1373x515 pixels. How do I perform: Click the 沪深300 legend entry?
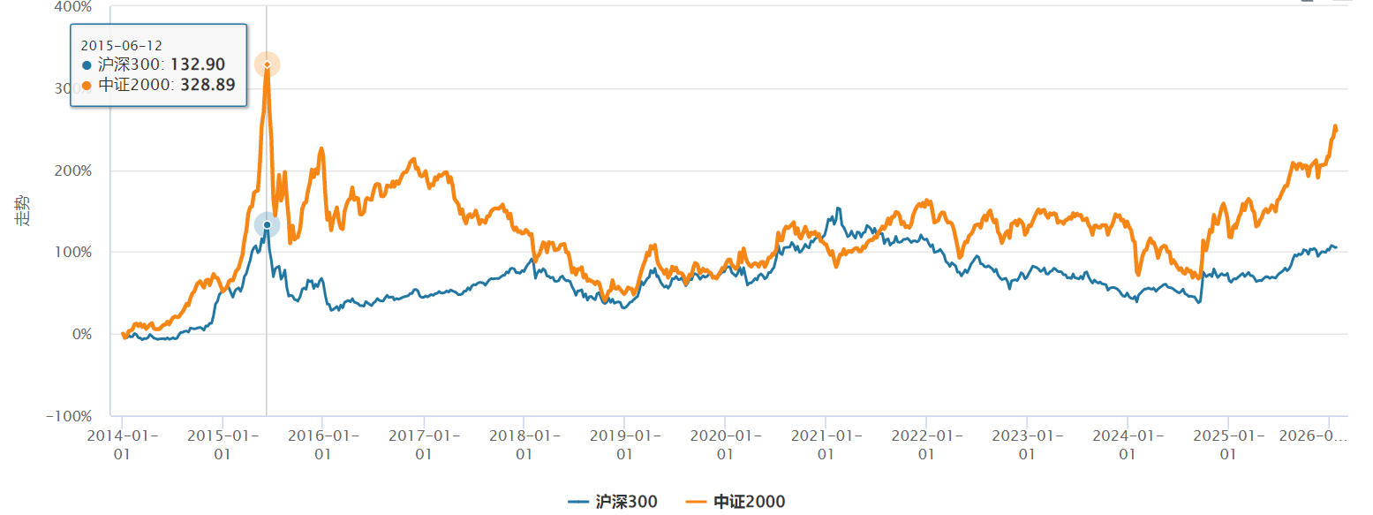click(613, 502)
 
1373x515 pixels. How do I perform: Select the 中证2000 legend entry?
click(736, 502)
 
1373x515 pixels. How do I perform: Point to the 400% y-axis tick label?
click(73, 7)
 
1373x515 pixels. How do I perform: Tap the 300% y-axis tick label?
click(73, 88)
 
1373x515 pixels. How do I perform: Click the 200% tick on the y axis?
click(73, 170)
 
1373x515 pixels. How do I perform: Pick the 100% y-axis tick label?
click(73, 253)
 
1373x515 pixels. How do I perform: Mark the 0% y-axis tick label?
click(81, 335)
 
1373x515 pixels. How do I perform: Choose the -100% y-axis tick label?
click(70, 416)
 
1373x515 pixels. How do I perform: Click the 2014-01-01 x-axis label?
click(122, 443)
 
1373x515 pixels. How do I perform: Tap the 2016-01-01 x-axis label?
click(322, 443)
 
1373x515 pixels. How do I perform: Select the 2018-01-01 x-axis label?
click(524, 443)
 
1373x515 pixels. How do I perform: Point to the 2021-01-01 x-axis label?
click(826, 443)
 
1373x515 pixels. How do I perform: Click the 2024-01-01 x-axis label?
click(1128, 443)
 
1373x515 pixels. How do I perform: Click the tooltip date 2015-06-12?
click(122, 45)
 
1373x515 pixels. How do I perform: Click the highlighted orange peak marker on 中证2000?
click(268, 64)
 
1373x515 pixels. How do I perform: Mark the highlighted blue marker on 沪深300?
click(268, 225)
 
